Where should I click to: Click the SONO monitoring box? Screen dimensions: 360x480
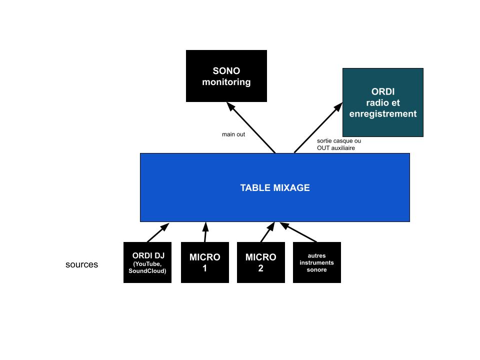(226, 76)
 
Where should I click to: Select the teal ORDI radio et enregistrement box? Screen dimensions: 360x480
(383, 102)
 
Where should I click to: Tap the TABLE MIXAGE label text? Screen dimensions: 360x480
(275, 188)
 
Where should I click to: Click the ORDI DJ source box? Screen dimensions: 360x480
(147, 262)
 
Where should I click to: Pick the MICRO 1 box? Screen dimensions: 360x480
(205, 262)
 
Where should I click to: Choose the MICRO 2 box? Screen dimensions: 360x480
(261, 262)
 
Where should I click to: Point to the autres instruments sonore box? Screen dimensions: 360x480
(317, 262)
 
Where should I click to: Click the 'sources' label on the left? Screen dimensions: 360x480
(81, 264)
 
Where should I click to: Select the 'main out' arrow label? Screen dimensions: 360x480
(233, 134)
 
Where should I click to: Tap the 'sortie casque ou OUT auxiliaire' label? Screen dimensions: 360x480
(339, 144)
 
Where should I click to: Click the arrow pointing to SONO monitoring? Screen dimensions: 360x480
(251, 128)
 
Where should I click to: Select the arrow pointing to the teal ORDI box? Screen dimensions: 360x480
(318, 128)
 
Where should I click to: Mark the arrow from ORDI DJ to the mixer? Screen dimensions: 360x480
(157, 232)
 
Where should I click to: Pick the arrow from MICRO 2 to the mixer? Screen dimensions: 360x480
(267, 232)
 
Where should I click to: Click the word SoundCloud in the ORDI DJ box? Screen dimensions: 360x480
(147, 271)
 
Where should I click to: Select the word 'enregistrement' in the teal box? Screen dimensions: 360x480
(383, 114)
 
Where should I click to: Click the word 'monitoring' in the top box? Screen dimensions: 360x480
(226, 82)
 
